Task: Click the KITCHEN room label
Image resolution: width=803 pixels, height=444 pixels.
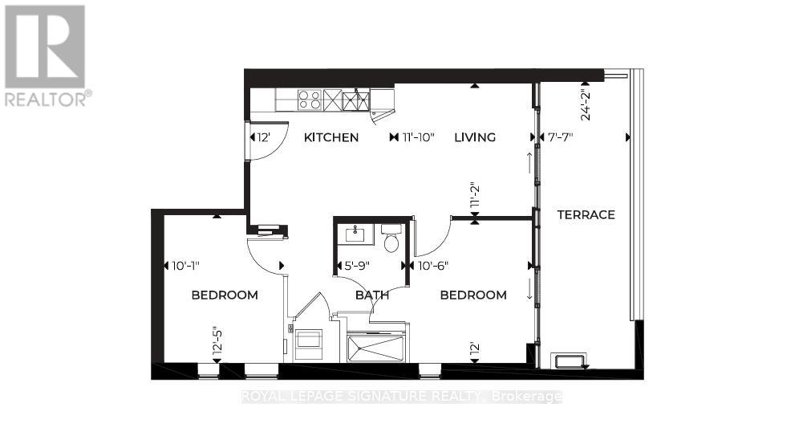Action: point(331,137)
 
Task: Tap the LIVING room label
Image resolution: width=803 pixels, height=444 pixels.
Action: point(475,137)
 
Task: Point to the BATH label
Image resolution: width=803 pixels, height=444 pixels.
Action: point(372,295)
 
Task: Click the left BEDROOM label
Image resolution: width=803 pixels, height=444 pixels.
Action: point(225,295)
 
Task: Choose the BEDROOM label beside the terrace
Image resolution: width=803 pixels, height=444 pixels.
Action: point(473,295)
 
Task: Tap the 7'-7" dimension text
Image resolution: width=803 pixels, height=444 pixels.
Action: point(555,137)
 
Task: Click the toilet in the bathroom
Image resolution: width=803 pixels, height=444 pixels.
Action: point(391,241)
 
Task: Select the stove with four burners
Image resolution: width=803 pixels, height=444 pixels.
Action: point(310,100)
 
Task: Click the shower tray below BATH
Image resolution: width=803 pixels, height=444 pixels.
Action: point(376,349)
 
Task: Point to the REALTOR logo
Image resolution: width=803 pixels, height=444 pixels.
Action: point(46,55)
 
